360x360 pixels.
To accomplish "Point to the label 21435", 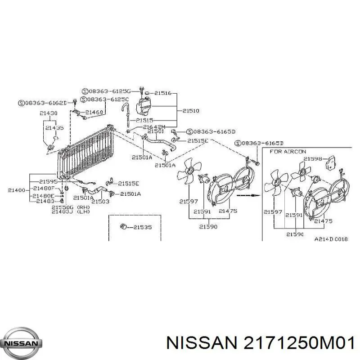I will click(x=54, y=128).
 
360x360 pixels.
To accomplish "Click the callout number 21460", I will click(x=94, y=112).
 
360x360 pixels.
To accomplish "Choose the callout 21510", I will click(x=191, y=110).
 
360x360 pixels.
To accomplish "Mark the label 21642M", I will click(x=154, y=126).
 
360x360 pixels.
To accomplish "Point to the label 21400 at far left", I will click(x=17, y=189).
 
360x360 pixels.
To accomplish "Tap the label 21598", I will click(x=312, y=158).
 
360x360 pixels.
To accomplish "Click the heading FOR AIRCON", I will click(x=288, y=152).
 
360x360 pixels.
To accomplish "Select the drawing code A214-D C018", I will click(x=331, y=239).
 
